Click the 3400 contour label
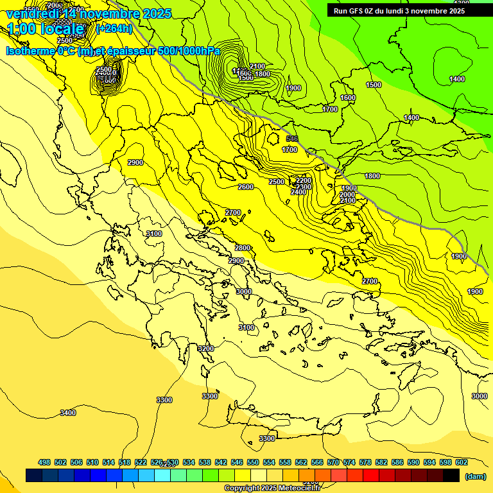[x=68, y=413]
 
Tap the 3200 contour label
[x=205, y=349]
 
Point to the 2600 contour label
[x=245, y=187]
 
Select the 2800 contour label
[x=242, y=248]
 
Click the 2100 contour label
[x=257, y=66]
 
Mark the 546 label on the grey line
[x=292, y=139]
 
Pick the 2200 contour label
[x=304, y=180]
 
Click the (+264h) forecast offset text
[x=114, y=28]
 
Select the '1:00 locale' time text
[x=45, y=29]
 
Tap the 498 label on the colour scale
[x=44, y=462]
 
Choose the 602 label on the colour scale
[x=461, y=462]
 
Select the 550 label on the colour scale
[x=253, y=462]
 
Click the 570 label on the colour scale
[x=333, y=462]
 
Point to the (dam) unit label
[x=475, y=476]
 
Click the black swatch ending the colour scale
[x=451, y=475]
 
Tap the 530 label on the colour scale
[x=173, y=462]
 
